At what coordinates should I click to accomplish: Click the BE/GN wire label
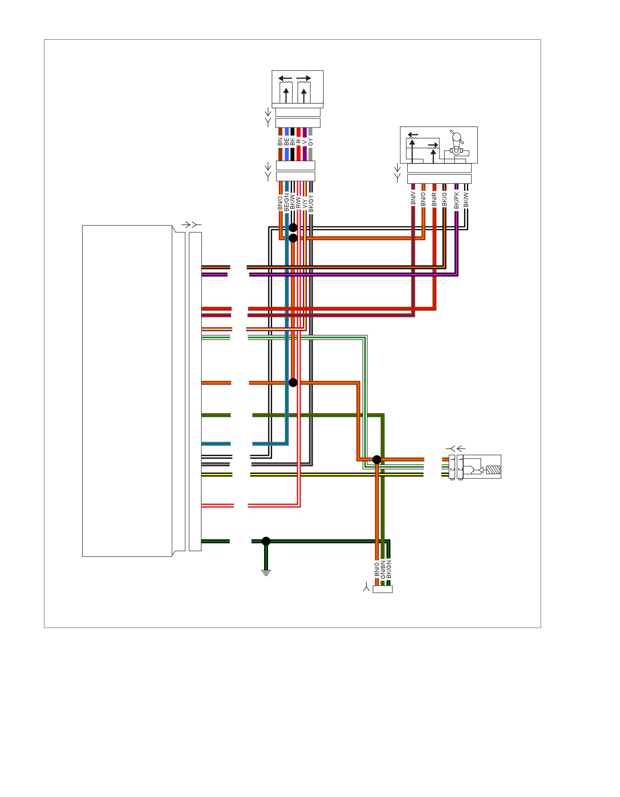(286, 202)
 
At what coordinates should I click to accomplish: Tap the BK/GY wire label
(311, 202)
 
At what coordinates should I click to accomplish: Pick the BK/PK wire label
(456, 200)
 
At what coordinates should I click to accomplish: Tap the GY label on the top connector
(310, 141)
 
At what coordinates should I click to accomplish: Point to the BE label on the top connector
(286, 141)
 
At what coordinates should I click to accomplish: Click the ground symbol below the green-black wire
(266, 573)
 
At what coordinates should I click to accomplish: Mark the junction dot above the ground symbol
(266, 541)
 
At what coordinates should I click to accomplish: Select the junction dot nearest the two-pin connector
(377, 460)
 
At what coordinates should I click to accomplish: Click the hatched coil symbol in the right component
(492, 471)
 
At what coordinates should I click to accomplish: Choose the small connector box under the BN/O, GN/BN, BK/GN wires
(382, 589)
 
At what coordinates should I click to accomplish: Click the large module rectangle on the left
(128, 391)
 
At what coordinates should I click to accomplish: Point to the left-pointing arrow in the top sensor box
(284, 78)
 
